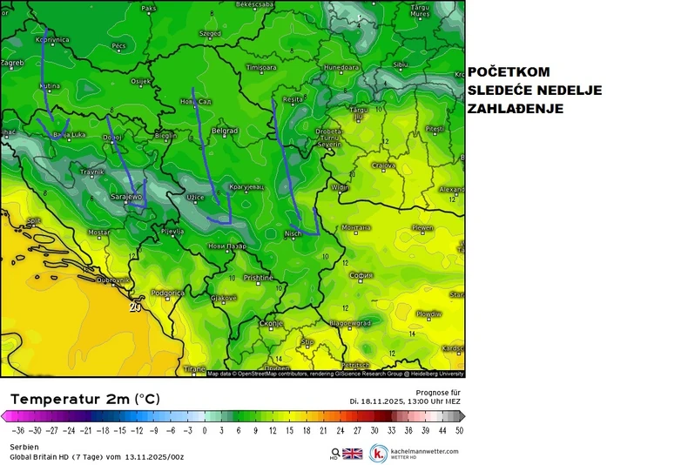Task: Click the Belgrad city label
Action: coord(225,131)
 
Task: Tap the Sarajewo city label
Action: coord(126,197)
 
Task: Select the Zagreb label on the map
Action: coord(11,63)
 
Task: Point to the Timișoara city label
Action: coord(261,67)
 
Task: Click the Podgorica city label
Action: coord(166,293)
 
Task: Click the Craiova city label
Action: coord(383,165)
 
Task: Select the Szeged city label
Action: coord(210,34)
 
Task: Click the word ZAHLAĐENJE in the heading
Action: coord(516,109)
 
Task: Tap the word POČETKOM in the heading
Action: coord(509,73)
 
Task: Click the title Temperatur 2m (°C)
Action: coord(85,398)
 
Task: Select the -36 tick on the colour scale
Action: coord(18,429)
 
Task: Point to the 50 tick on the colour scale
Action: coord(458,429)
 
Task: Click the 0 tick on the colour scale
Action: coord(205,429)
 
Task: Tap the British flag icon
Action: coord(352,453)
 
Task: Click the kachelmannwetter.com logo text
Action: coord(423,451)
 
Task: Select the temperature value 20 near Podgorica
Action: coord(134,307)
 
